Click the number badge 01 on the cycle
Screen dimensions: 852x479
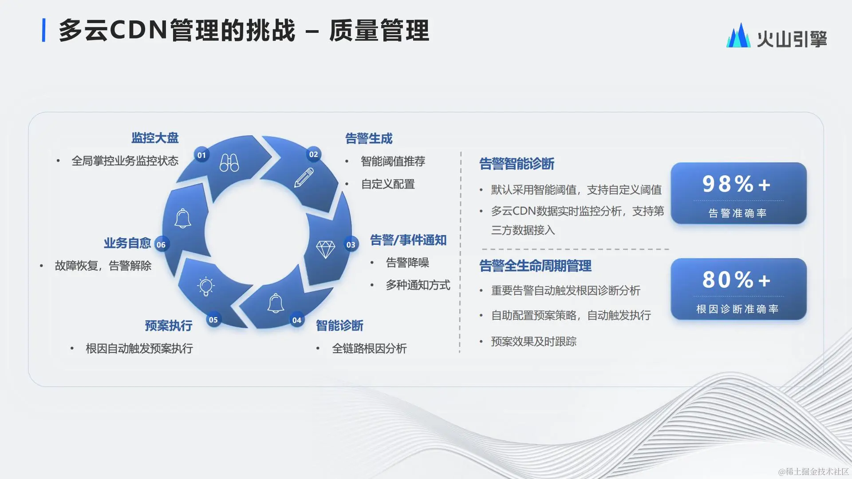point(202,155)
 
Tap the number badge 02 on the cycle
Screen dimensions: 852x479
point(314,154)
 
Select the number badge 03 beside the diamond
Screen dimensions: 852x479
point(351,245)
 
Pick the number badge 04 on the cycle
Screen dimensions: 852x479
point(297,320)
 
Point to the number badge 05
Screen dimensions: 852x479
point(213,320)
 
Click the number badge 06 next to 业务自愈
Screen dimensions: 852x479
point(161,245)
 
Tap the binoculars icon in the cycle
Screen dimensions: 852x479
point(229,163)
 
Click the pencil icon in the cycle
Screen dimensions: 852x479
point(304,177)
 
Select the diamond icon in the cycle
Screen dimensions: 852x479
point(325,249)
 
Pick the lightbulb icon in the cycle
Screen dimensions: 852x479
point(205,286)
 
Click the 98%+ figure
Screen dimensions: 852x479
point(737,184)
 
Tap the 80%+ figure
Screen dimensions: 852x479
point(737,280)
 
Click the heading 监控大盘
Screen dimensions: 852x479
point(155,138)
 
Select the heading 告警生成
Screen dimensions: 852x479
point(369,139)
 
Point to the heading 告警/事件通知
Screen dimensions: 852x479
point(408,240)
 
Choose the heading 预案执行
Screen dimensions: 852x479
point(169,326)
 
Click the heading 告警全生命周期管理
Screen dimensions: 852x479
point(535,266)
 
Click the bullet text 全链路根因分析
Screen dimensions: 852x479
point(369,349)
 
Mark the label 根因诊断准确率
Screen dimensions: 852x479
point(738,309)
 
